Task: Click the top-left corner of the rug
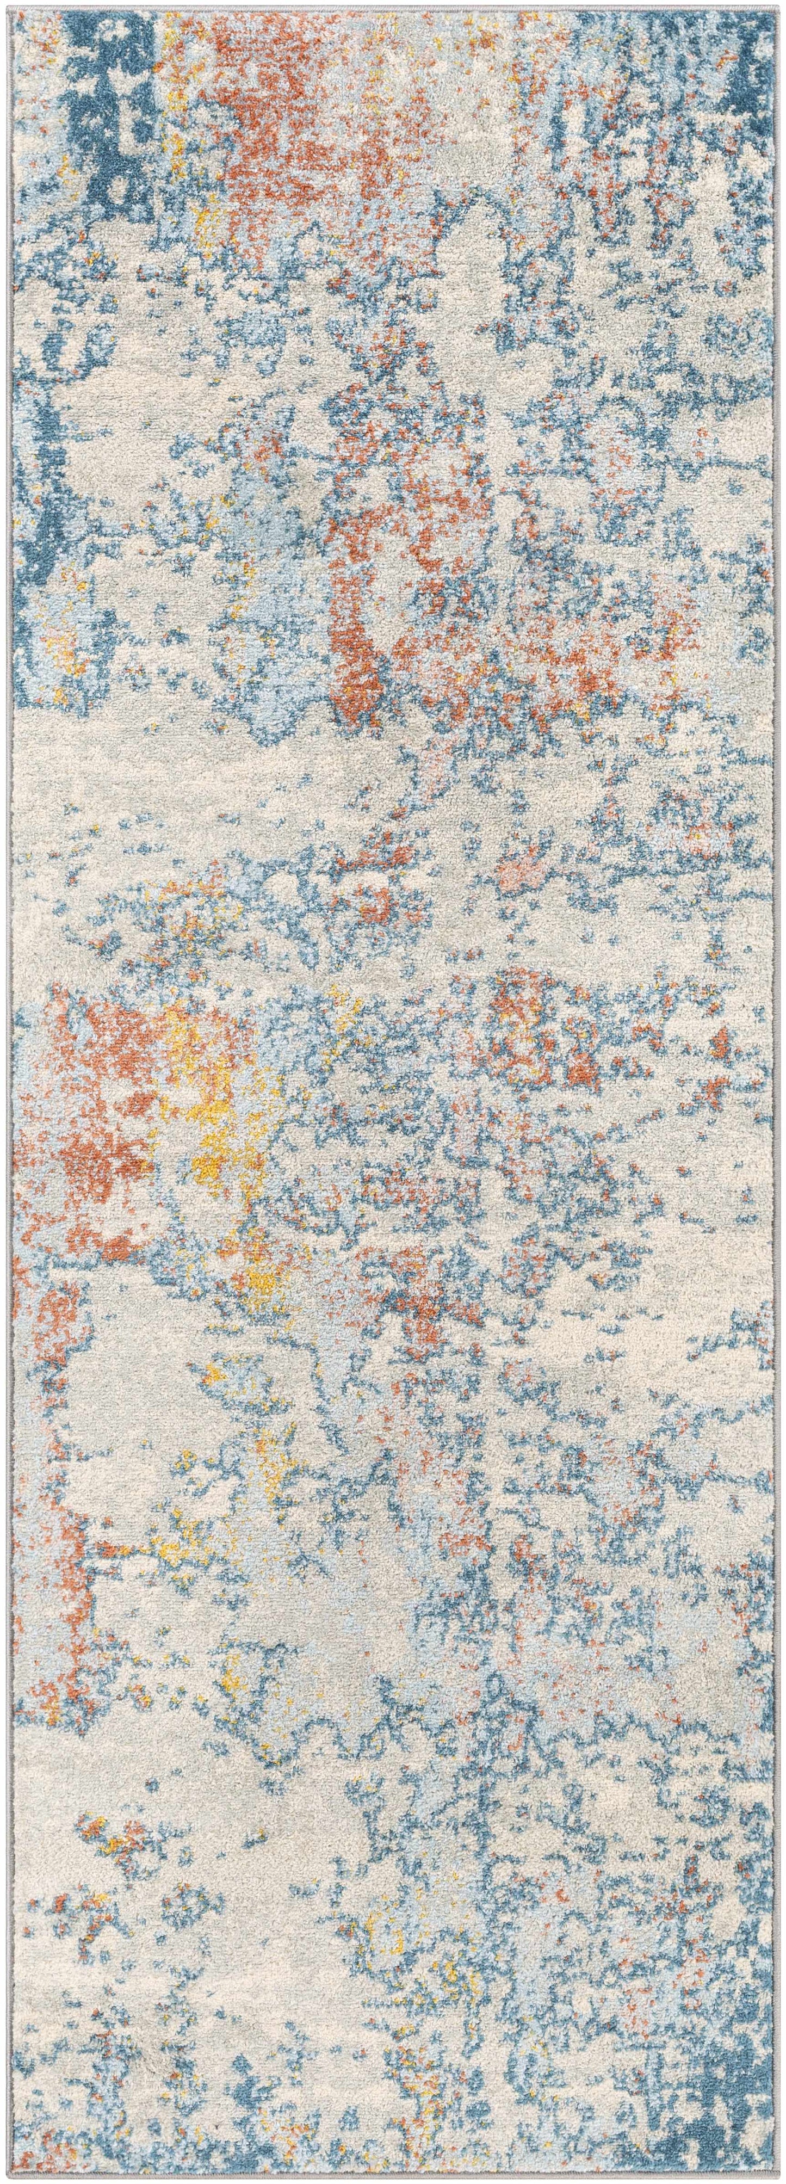[9, 9]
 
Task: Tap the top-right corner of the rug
[777, 9]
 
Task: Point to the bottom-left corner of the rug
[9, 2175]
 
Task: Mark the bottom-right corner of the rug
[777, 2175]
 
